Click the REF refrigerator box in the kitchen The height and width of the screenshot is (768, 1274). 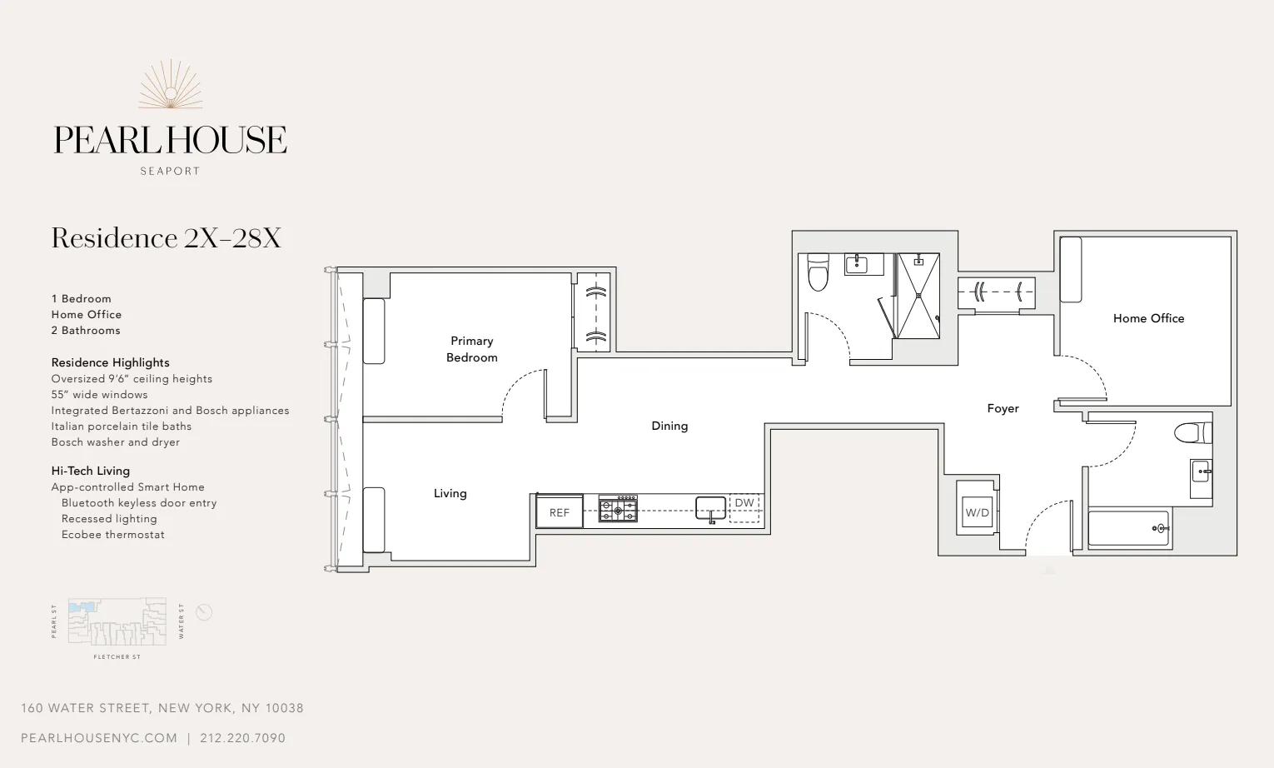click(560, 512)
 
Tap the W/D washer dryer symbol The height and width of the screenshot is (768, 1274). click(977, 511)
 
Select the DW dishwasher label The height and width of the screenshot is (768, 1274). click(744, 503)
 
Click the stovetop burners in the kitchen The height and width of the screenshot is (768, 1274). click(619, 509)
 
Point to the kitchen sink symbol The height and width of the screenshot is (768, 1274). click(710, 507)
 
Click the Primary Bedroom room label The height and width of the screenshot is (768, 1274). click(472, 349)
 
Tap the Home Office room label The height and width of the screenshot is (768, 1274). click(1148, 318)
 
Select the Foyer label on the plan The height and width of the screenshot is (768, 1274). click(1003, 408)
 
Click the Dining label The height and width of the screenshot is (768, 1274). click(669, 426)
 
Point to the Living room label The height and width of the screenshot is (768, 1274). click(450, 493)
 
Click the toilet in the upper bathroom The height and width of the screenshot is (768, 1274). click(819, 273)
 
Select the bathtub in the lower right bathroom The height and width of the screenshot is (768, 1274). click(1128, 528)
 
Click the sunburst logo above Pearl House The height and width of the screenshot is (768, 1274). click(171, 86)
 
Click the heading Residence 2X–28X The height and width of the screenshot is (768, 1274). click(167, 238)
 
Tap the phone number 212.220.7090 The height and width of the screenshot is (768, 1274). click(242, 738)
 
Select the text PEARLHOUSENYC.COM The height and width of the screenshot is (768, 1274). click(99, 738)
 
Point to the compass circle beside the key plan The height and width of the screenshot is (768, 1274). click(204, 612)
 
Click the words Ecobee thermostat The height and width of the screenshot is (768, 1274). click(112, 535)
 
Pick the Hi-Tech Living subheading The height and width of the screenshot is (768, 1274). click(91, 471)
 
